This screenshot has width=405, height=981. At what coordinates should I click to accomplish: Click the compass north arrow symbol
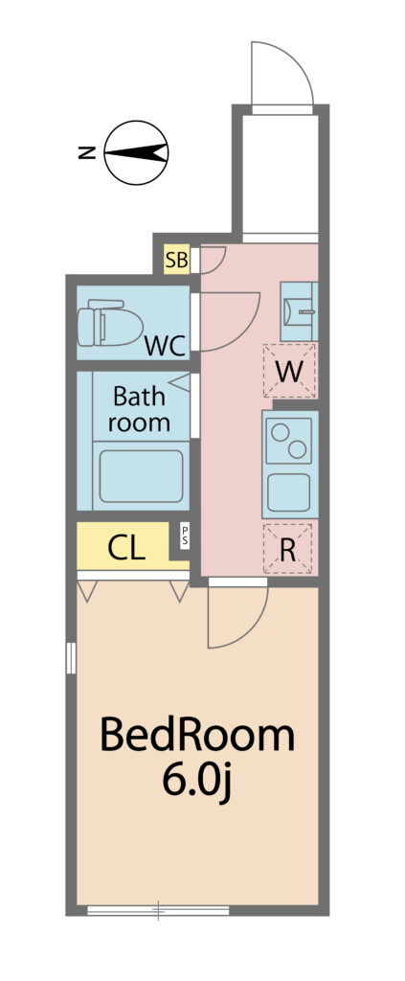point(136,152)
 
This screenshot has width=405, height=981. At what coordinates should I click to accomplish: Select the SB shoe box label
point(177,260)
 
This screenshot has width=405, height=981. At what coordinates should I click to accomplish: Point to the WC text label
point(165,345)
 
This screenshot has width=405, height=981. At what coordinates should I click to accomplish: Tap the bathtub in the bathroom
point(141,475)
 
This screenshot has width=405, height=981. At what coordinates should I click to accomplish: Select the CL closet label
point(127,548)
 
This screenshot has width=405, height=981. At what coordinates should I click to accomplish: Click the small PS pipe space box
point(185,536)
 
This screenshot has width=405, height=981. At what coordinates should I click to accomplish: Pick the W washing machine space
point(289,371)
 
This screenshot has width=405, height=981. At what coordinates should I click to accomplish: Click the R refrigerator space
point(287,549)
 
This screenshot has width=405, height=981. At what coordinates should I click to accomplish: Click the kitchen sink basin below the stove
point(288,492)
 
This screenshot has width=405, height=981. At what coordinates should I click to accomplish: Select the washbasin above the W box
point(299,311)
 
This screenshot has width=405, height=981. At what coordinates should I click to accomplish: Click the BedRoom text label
point(197,736)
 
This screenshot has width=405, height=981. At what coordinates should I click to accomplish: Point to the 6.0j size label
point(197,780)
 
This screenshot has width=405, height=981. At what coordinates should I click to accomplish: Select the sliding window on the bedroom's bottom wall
point(158,910)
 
